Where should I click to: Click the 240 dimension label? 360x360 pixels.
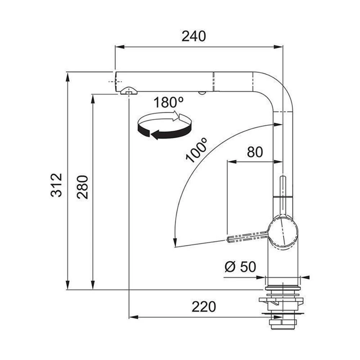point(194,36)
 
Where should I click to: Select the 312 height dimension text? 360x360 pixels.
point(57,185)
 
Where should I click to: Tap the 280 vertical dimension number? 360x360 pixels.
point(82,187)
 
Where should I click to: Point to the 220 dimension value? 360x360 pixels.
point(204,307)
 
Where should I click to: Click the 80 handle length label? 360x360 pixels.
point(255,152)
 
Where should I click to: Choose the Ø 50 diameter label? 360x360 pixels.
point(240,267)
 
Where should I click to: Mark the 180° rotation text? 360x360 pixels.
point(169,102)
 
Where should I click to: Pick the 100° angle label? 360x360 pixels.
point(196,150)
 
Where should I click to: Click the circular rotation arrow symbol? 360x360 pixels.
point(165,125)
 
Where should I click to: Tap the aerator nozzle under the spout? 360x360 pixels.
point(129,91)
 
